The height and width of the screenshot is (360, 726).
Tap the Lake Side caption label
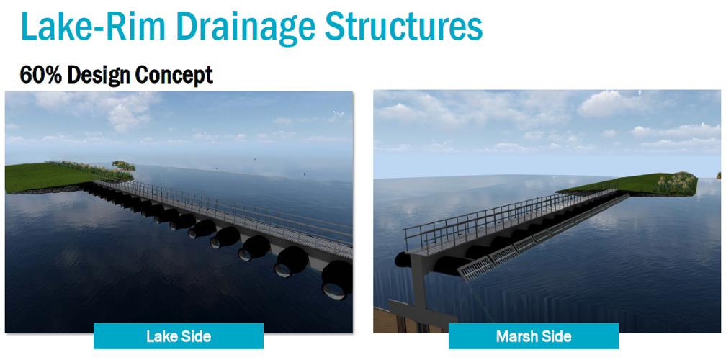coord(178,336)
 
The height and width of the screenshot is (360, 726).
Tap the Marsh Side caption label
coord(533,336)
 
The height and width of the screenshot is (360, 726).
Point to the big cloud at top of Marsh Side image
coord(612,104)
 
